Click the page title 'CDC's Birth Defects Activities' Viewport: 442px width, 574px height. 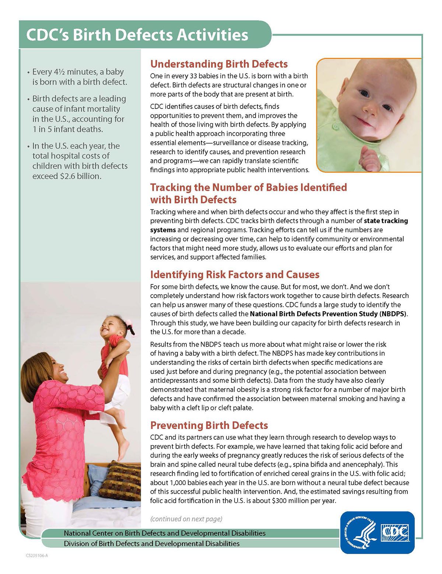pos(137,35)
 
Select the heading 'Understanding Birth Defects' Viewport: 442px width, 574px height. pos(219,64)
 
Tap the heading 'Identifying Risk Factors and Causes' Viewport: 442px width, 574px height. pos(235,274)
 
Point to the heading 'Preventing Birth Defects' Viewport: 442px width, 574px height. pos(209,425)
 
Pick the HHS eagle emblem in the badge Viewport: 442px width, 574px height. pos(360,532)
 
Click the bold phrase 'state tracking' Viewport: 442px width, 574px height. pos(386,221)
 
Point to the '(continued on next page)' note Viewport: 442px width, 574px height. pos(186,519)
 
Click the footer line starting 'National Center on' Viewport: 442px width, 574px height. pos(164,533)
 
